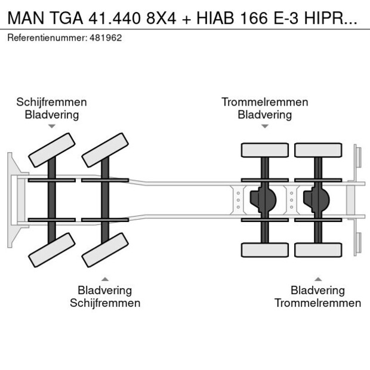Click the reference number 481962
106,38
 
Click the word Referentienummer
47,38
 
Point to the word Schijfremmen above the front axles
51,102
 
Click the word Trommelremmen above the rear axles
264,102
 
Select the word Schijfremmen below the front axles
105,303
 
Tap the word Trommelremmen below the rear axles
317,303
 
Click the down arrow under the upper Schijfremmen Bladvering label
52,126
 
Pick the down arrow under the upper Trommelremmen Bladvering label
264,126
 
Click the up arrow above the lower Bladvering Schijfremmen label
105,279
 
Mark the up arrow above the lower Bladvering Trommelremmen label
317,279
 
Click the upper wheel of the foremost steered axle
52,150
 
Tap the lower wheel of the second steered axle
106,249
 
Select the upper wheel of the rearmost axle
318,150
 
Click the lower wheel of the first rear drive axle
264,249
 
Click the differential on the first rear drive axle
263,200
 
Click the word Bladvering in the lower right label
317,291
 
